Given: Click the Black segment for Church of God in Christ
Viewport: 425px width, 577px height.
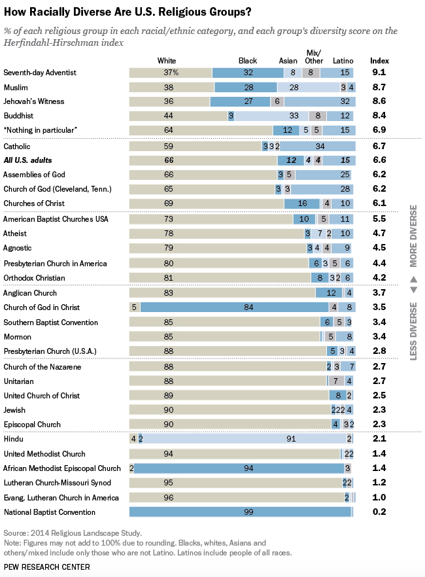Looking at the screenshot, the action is click(235, 307).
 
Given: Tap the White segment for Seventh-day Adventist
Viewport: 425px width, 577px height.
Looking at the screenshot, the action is click(171, 73).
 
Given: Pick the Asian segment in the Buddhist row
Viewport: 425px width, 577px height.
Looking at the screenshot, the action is click(272, 116).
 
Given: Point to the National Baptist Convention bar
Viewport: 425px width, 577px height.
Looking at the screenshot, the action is click(241, 512).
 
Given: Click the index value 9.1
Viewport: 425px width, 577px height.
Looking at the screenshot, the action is click(379, 72).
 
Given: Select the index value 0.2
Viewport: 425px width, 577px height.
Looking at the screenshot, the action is click(379, 512).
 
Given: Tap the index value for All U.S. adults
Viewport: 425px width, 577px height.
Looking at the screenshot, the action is click(379, 160).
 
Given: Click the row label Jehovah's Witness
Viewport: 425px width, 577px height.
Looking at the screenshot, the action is click(34, 101).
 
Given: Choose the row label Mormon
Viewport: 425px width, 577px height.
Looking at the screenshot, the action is click(17, 337).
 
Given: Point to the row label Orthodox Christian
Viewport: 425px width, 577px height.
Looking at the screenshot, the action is click(34, 278).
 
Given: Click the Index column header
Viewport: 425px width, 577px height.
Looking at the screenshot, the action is click(379, 61).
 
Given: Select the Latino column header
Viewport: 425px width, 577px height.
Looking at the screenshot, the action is click(343, 61).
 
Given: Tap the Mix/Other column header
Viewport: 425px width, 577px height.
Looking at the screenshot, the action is click(314, 57).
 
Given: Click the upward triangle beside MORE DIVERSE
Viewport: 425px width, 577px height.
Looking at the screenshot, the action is click(414, 279).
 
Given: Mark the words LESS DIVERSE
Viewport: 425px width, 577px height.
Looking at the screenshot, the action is click(414, 331).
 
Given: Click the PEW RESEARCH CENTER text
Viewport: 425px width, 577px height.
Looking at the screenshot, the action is click(46, 567).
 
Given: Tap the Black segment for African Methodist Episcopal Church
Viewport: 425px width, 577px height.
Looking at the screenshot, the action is click(239, 468).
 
